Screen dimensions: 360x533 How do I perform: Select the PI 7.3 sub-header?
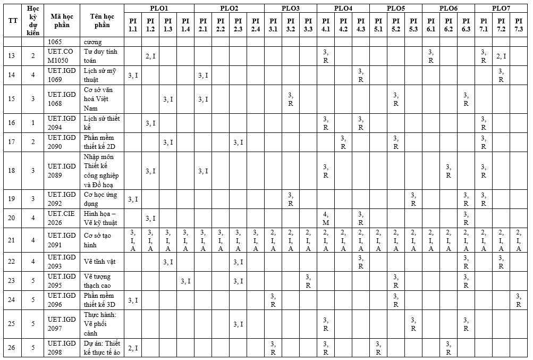coord(519,24)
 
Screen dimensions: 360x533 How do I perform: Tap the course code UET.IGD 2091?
coord(62,240)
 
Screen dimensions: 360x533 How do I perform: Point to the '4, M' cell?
coord(326,218)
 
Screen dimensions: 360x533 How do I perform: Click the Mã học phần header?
coord(62,21)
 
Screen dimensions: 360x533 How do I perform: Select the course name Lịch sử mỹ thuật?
coord(100,75)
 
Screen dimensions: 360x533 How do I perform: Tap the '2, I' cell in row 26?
coord(133,348)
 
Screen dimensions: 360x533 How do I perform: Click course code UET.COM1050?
coord(62,56)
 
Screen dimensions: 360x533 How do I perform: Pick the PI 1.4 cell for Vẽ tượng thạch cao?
coord(185,281)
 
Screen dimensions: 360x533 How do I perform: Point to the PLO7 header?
coord(501,8)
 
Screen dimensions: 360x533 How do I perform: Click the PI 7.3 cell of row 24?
coord(519,300)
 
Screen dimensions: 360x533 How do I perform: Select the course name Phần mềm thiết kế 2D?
coord(100,142)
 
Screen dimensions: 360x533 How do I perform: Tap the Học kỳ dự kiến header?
coord(33,21)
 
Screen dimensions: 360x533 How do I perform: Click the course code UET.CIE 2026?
coord(62,218)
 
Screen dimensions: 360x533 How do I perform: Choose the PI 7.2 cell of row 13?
coord(501,56)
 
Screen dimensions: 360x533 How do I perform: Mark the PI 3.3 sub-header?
coord(308,24)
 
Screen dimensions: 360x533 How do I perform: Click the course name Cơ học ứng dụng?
coord(100,199)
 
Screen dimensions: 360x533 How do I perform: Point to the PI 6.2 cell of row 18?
coord(449,171)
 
